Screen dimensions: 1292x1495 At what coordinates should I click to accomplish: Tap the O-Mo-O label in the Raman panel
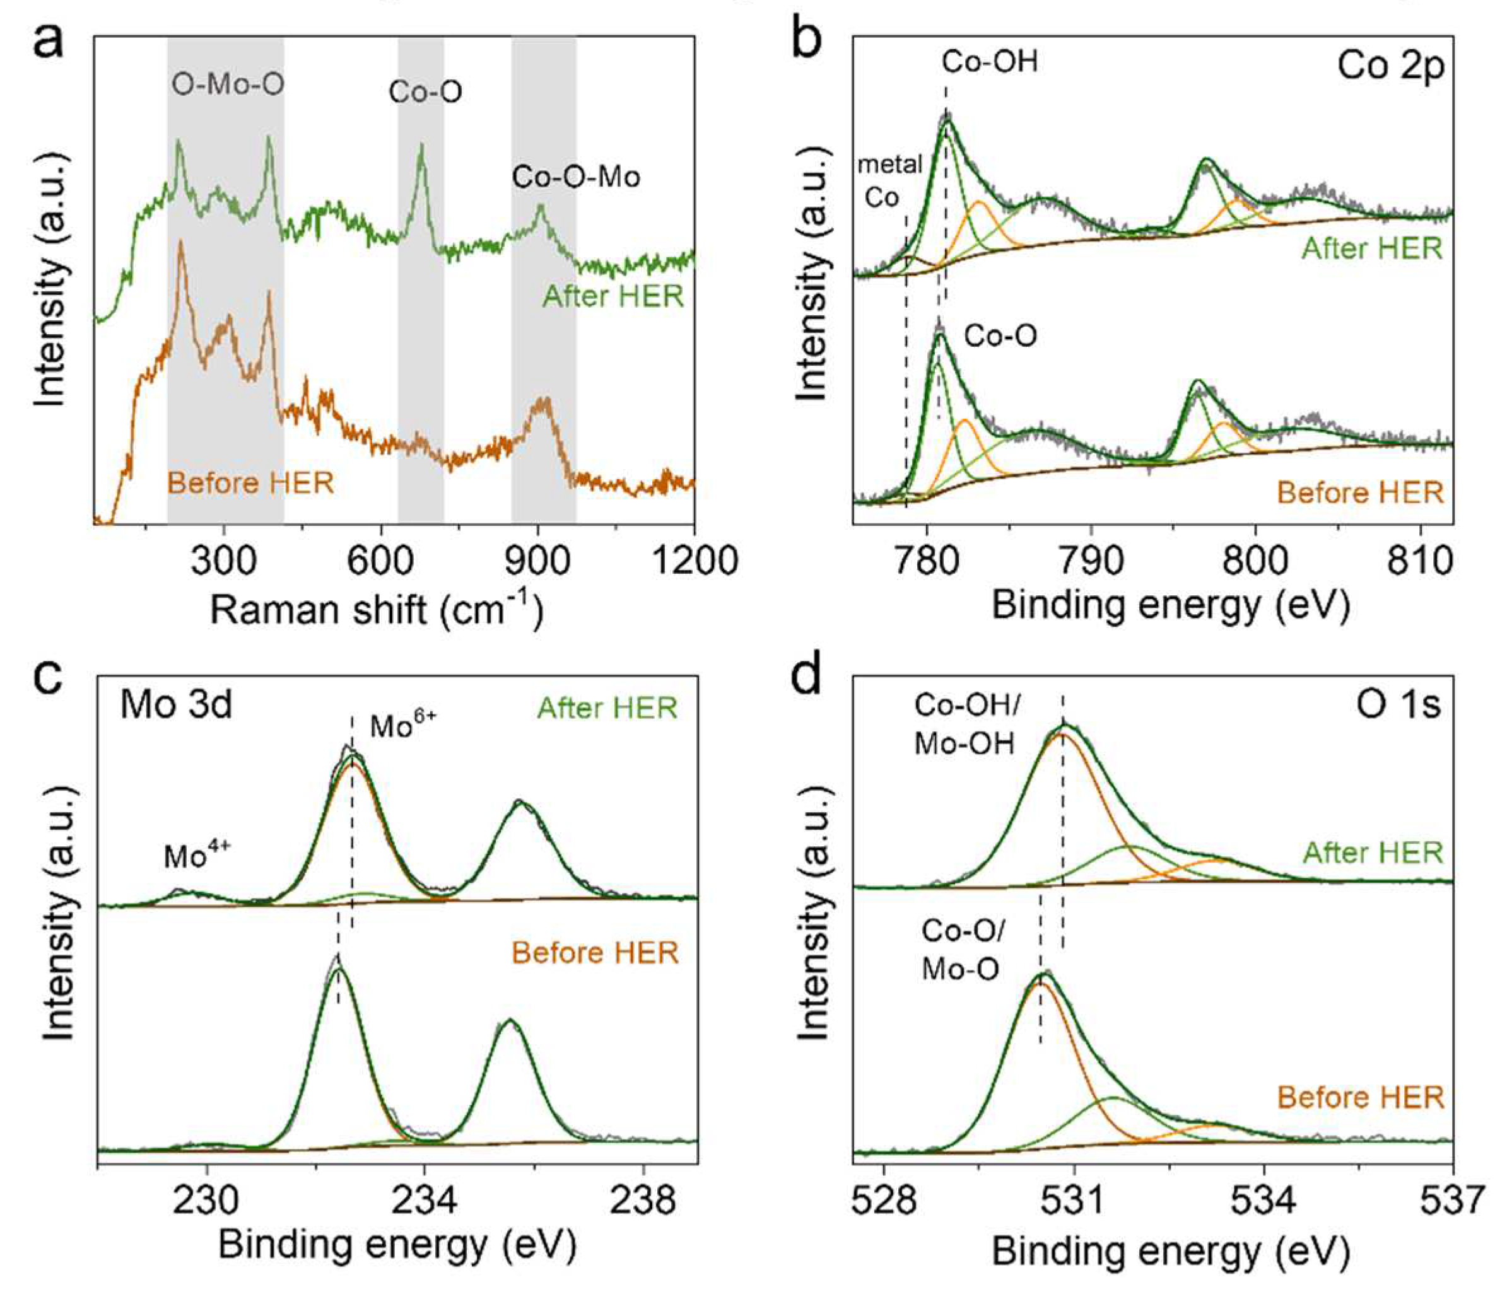pos(227,84)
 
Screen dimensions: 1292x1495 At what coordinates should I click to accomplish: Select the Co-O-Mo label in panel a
pos(576,177)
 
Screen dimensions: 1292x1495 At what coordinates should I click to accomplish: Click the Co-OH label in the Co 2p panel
pos(990,62)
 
